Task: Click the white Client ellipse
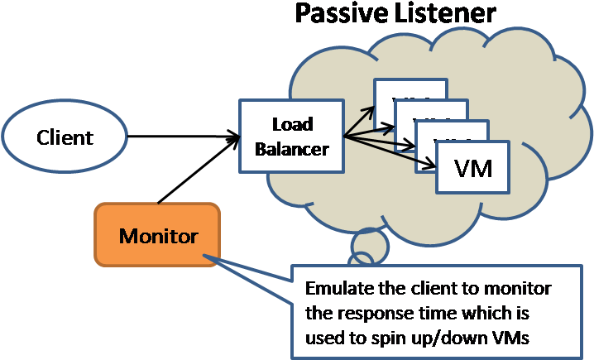click(x=65, y=137)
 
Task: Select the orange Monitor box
click(x=158, y=236)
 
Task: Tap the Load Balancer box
click(x=291, y=137)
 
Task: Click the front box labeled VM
click(x=473, y=169)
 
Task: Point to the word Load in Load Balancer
click(x=292, y=125)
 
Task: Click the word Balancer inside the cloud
click(x=291, y=149)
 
